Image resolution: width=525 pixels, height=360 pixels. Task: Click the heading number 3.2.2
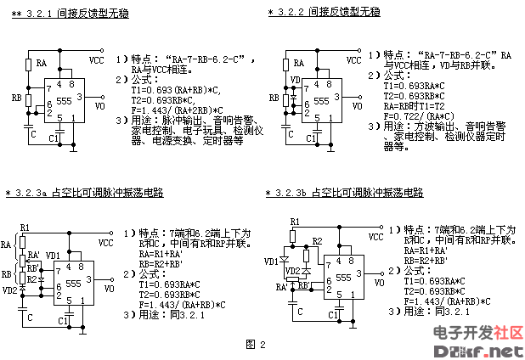294,12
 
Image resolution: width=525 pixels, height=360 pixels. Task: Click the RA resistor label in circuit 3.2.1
41,63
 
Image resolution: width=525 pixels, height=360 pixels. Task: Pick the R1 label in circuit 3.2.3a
25,228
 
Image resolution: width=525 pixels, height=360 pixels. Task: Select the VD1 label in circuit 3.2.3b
272,261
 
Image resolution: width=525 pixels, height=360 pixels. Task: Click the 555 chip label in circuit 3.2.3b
342,277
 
